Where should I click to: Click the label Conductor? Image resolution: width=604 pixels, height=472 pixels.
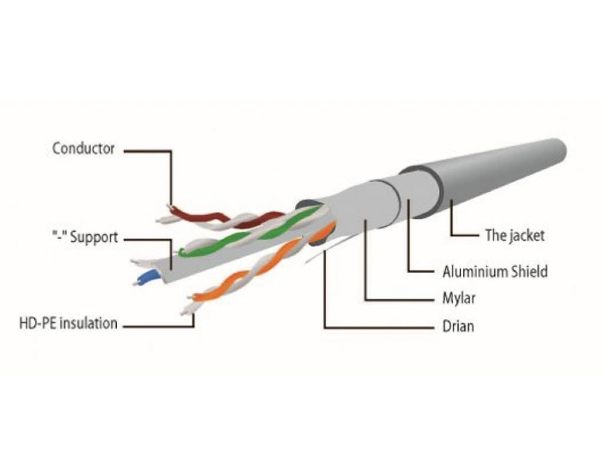pos(83,148)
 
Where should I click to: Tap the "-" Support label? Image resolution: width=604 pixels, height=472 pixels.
pos(84,238)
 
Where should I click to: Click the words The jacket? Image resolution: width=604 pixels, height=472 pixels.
pos(514,235)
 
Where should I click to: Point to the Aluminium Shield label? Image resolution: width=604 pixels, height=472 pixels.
pos(495,271)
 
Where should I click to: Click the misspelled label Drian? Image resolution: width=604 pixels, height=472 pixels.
pos(458,326)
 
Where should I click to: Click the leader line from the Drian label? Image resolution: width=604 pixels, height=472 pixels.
pos(325,295)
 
